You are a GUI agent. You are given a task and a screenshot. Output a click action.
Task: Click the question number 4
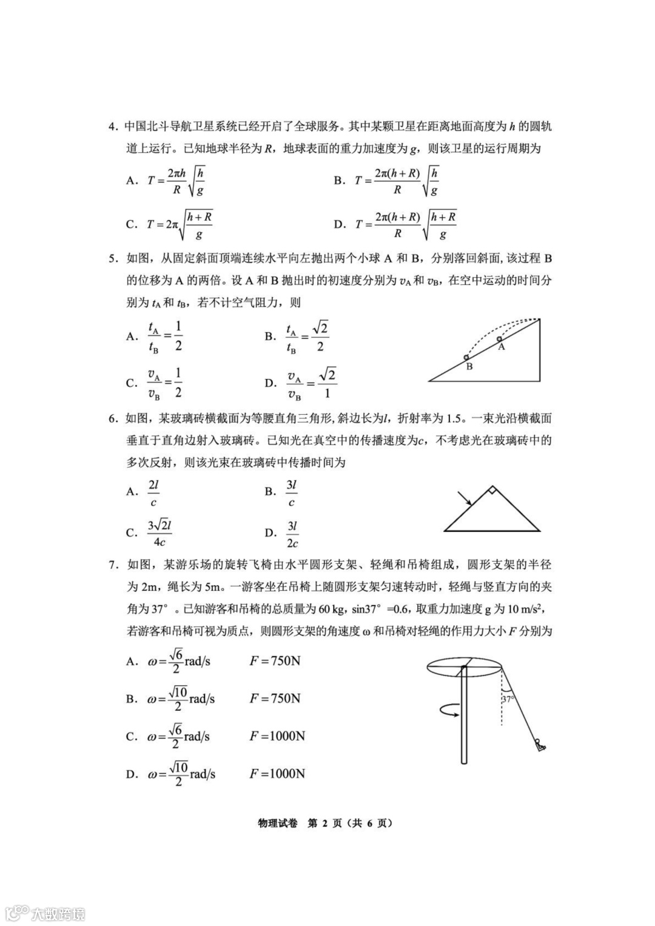pos(112,127)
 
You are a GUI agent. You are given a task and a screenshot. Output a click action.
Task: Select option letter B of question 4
pos(338,180)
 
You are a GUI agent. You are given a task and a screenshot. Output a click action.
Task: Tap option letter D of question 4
pos(338,224)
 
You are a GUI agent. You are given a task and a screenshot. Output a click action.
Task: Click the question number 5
pos(112,258)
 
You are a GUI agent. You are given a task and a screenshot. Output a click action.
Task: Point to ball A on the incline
pos(499,339)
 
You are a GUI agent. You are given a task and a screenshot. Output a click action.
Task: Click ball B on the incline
pos(466,357)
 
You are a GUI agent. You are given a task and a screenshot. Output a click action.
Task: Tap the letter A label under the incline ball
pos(502,347)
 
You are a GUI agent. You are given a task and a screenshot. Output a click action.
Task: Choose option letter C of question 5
pos(131,383)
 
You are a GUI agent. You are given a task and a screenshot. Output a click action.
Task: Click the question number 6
pos(112,418)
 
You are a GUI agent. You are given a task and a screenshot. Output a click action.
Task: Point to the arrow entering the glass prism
pos(465,498)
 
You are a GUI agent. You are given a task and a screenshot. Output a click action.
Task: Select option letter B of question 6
pos(270,492)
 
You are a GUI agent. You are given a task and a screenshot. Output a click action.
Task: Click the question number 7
pos(112,565)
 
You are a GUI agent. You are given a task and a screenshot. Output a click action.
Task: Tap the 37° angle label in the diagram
pos(508,699)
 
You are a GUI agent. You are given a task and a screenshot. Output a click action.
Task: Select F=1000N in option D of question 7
pos(277,774)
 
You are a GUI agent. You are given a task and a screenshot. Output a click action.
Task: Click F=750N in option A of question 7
pos(275,661)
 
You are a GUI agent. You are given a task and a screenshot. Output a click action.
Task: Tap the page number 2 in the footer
pos(324,823)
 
